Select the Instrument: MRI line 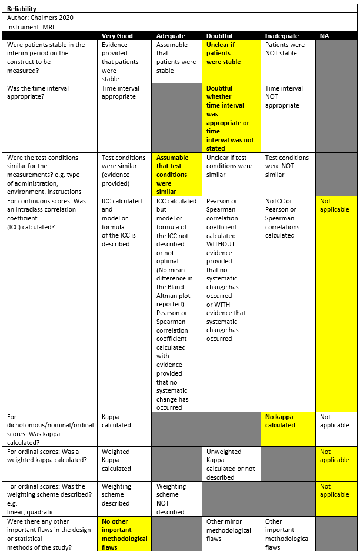pyautogui.click(x=34, y=27)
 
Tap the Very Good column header pyautogui.click(x=117, y=36)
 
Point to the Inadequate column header pyautogui.click(x=282, y=36)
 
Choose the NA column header pyautogui.click(x=324, y=36)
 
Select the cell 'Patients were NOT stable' pyautogui.click(x=285, y=49)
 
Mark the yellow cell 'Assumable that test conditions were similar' pyautogui.click(x=172, y=175)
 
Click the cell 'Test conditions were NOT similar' pyautogui.click(x=287, y=166)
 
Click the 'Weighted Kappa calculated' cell pyautogui.click(x=116, y=460)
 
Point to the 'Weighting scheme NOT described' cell pyautogui.click(x=171, y=499)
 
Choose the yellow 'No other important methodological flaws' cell pyautogui.click(x=125, y=534)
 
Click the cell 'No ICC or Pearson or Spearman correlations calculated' pyautogui.click(x=282, y=218)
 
